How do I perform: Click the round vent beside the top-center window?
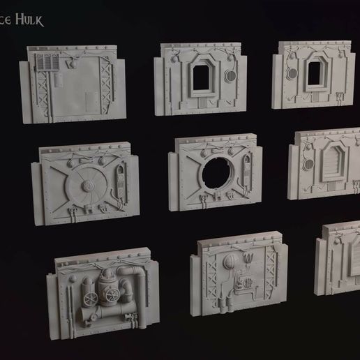tap(227, 75)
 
